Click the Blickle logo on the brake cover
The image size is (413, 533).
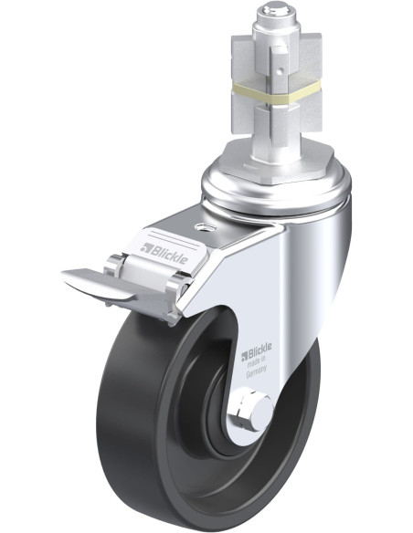pos(164,253)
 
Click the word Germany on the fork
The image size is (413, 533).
pos(256,371)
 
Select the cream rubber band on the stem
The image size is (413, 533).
pos(275,92)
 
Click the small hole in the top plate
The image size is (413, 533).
pos(203,226)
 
